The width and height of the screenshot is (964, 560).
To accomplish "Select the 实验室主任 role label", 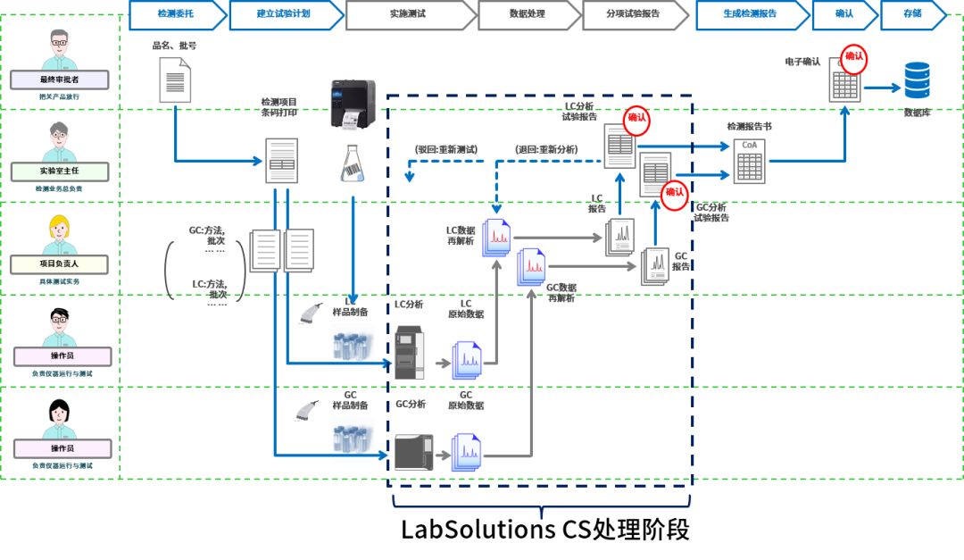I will coord(61,171).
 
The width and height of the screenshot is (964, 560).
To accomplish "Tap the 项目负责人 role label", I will coord(59,264).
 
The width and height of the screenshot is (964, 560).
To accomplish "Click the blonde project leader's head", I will coord(60,230).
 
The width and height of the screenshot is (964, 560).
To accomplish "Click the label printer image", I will coord(353,104).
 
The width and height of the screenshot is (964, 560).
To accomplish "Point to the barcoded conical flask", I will coord(352,162).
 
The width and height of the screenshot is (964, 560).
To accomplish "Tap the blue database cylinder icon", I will coord(917,80).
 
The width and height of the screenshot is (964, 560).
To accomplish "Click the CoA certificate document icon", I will coord(749,162).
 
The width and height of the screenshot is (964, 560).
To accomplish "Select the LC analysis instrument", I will coord(410,352).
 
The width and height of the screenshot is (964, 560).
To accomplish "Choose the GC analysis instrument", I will coord(413,452).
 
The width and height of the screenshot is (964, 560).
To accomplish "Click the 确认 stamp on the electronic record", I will coord(854,58).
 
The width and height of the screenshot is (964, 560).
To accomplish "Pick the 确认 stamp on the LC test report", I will coord(636,119).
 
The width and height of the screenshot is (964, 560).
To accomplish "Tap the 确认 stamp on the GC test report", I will coord(674,192).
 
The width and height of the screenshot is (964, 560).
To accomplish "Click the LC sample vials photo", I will coord(353,347).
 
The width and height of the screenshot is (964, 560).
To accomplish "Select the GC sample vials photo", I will coord(353,439).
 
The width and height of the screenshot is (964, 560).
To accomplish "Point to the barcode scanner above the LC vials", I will coord(309,313).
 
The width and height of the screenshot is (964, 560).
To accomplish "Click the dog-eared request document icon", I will coord(174,79).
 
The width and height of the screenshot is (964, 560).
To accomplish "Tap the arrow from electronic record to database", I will coord(882,88).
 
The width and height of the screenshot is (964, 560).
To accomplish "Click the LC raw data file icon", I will coord(466,360).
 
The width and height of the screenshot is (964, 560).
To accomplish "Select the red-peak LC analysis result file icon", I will coord(496,238).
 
